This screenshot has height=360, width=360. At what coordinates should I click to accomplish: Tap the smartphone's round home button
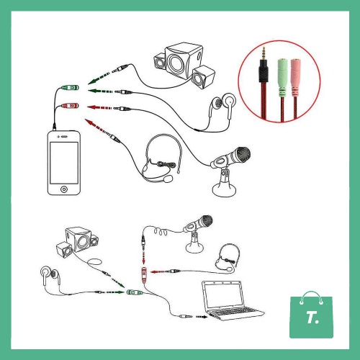coord(64,189)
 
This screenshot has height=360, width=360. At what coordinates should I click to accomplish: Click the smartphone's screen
coord(64,163)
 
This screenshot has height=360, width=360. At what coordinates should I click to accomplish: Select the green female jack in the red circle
coord(282,77)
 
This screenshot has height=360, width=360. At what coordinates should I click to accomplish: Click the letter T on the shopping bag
coord(311,318)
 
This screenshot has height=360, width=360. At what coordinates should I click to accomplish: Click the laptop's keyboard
coord(233,312)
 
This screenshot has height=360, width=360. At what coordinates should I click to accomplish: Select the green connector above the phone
coord(70,88)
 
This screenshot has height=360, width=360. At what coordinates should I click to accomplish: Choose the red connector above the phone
coord(70,106)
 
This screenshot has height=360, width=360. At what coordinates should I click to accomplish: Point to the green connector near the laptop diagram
coord(135,292)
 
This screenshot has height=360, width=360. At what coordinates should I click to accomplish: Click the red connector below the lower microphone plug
coord(144,275)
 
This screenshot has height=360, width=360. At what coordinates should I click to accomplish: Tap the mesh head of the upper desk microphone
coord(243,154)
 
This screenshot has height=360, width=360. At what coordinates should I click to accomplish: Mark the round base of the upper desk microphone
coord(224,190)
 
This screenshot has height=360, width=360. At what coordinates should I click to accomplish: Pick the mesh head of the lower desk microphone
coord(206,220)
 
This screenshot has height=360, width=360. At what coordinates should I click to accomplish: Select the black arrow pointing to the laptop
coord(202,317)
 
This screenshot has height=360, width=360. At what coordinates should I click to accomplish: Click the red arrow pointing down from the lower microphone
coord(143,257)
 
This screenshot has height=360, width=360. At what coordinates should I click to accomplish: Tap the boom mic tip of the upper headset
coord(168,179)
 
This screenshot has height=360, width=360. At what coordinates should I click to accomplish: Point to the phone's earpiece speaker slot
coord(64,137)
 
